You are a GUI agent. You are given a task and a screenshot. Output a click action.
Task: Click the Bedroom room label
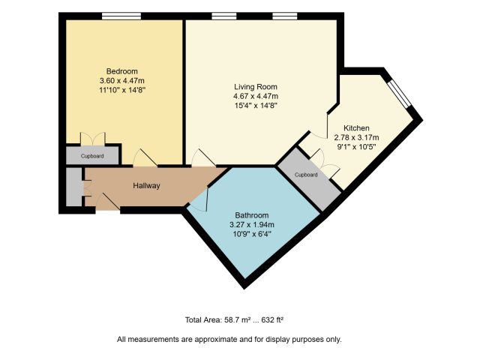(121, 71)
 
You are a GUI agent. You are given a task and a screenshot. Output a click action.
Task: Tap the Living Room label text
(256, 87)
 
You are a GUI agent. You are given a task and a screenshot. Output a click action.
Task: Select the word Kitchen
(356, 128)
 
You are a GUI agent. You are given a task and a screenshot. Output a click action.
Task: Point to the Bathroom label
(252, 215)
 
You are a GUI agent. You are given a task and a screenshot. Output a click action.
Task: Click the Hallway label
(146, 186)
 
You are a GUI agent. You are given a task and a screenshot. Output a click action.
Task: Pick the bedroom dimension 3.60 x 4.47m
(121, 81)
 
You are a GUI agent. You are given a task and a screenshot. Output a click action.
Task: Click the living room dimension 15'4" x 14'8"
(256, 106)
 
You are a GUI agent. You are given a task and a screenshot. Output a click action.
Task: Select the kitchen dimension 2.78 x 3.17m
(356, 137)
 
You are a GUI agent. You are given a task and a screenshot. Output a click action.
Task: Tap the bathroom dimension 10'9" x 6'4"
(252, 234)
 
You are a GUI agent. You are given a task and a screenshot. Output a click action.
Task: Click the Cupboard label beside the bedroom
(92, 156)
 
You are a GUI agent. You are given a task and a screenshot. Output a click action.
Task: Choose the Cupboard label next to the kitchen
(306, 175)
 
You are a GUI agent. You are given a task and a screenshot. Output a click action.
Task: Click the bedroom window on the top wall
(121, 16)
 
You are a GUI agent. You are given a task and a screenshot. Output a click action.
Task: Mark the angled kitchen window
(398, 94)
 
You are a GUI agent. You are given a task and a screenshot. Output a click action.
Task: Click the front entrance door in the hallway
(108, 202)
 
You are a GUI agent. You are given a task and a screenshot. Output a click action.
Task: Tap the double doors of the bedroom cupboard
(93, 138)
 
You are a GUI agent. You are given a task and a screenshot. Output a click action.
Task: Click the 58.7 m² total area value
(238, 320)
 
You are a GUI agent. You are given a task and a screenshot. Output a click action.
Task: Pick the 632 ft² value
(272, 320)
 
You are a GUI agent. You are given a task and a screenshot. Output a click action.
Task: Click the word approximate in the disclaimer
(215, 340)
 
